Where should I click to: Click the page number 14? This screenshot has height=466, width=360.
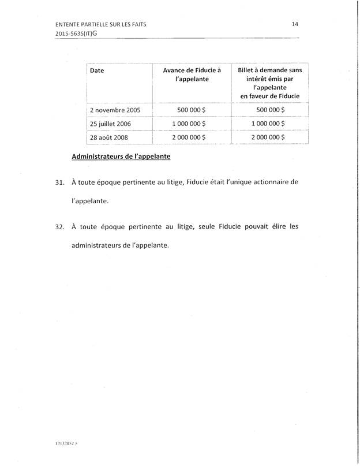coord(294,24)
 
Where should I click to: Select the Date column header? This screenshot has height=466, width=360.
coord(96,70)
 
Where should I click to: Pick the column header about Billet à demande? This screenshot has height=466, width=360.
coord(270,83)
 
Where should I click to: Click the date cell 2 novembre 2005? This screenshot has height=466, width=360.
coord(115,109)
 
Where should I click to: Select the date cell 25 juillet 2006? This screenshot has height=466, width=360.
coord(111,124)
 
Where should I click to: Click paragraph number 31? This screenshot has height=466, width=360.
coord(58,182)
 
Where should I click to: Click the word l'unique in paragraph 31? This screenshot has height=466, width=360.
coord(226,182)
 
